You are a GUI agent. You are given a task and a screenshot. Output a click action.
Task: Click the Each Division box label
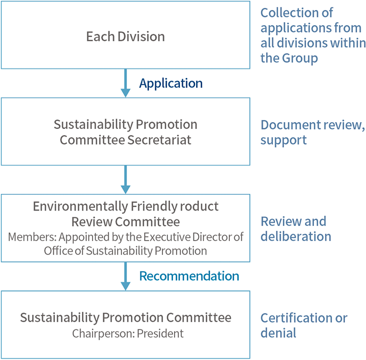(x=125, y=36)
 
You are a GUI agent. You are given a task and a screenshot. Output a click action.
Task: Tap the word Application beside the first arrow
(x=170, y=83)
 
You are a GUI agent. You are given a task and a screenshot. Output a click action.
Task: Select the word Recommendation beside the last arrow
(x=189, y=276)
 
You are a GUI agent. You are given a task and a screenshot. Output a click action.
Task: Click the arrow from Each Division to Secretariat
(x=125, y=83)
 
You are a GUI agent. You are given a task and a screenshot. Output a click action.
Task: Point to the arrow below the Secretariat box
(x=125, y=179)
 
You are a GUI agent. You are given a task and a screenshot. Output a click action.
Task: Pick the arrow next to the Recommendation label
(x=125, y=276)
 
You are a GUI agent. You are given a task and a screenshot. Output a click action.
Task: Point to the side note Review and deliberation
(x=296, y=228)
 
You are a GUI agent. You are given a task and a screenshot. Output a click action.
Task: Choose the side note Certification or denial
(x=303, y=325)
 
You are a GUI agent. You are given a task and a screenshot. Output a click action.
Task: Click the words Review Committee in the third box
(x=125, y=221)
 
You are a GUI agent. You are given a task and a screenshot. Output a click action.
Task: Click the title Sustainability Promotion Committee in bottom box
(x=125, y=317)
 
